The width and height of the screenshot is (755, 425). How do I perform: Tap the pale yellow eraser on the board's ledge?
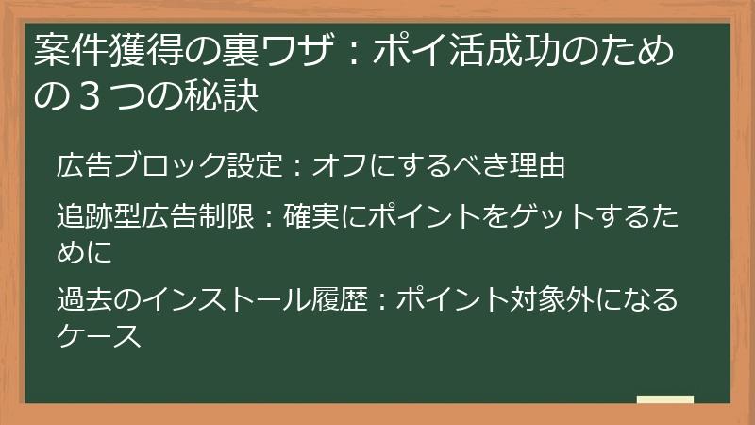point(665,399)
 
